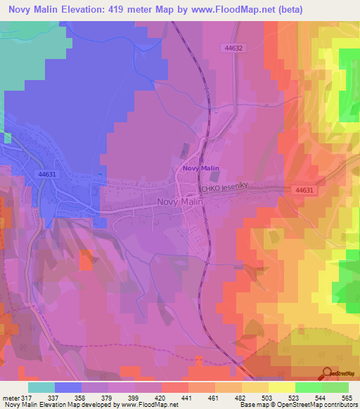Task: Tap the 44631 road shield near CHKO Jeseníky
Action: click(x=304, y=190)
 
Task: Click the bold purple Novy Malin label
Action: click(x=200, y=169)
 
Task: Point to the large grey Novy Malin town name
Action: click(x=179, y=202)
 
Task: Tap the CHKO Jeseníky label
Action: click(x=224, y=189)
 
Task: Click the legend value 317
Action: click(x=28, y=397)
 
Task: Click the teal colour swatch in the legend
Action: click(x=41, y=387)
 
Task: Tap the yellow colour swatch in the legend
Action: click(x=281, y=387)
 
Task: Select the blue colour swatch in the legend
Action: click(x=68, y=387)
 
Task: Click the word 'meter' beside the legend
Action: click(x=11, y=397)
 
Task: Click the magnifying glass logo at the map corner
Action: click(x=326, y=373)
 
